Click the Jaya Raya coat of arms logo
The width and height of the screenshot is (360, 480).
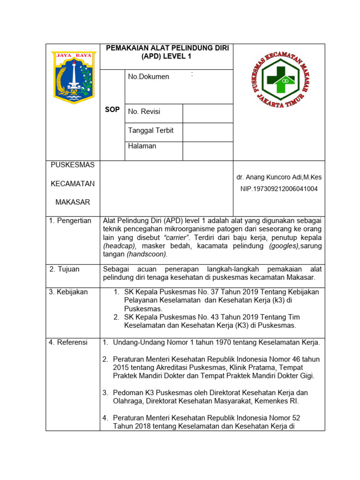click(x=73, y=77)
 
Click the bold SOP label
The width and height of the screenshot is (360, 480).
click(x=112, y=109)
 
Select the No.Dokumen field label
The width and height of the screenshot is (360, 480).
click(x=149, y=77)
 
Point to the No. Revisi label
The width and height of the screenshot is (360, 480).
click(x=144, y=112)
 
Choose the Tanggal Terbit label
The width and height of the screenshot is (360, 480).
click(x=150, y=130)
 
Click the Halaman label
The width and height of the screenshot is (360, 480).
click(x=142, y=146)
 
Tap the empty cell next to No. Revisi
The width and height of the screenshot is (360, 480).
click(x=207, y=113)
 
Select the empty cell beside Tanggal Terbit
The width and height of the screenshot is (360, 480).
click(x=207, y=132)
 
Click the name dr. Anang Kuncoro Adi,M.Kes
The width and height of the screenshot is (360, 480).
click(x=279, y=177)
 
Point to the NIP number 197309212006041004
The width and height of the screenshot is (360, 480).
click(x=279, y=189)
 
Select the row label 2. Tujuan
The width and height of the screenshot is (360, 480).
click(x=65, y=269)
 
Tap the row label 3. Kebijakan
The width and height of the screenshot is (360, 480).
click(x=68, y=292)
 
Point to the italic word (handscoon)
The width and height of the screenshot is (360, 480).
click(x=147, y=254)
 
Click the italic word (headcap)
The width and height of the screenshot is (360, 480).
click(x=120, y=246)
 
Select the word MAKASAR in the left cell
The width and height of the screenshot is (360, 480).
click(x=73, y=202)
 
